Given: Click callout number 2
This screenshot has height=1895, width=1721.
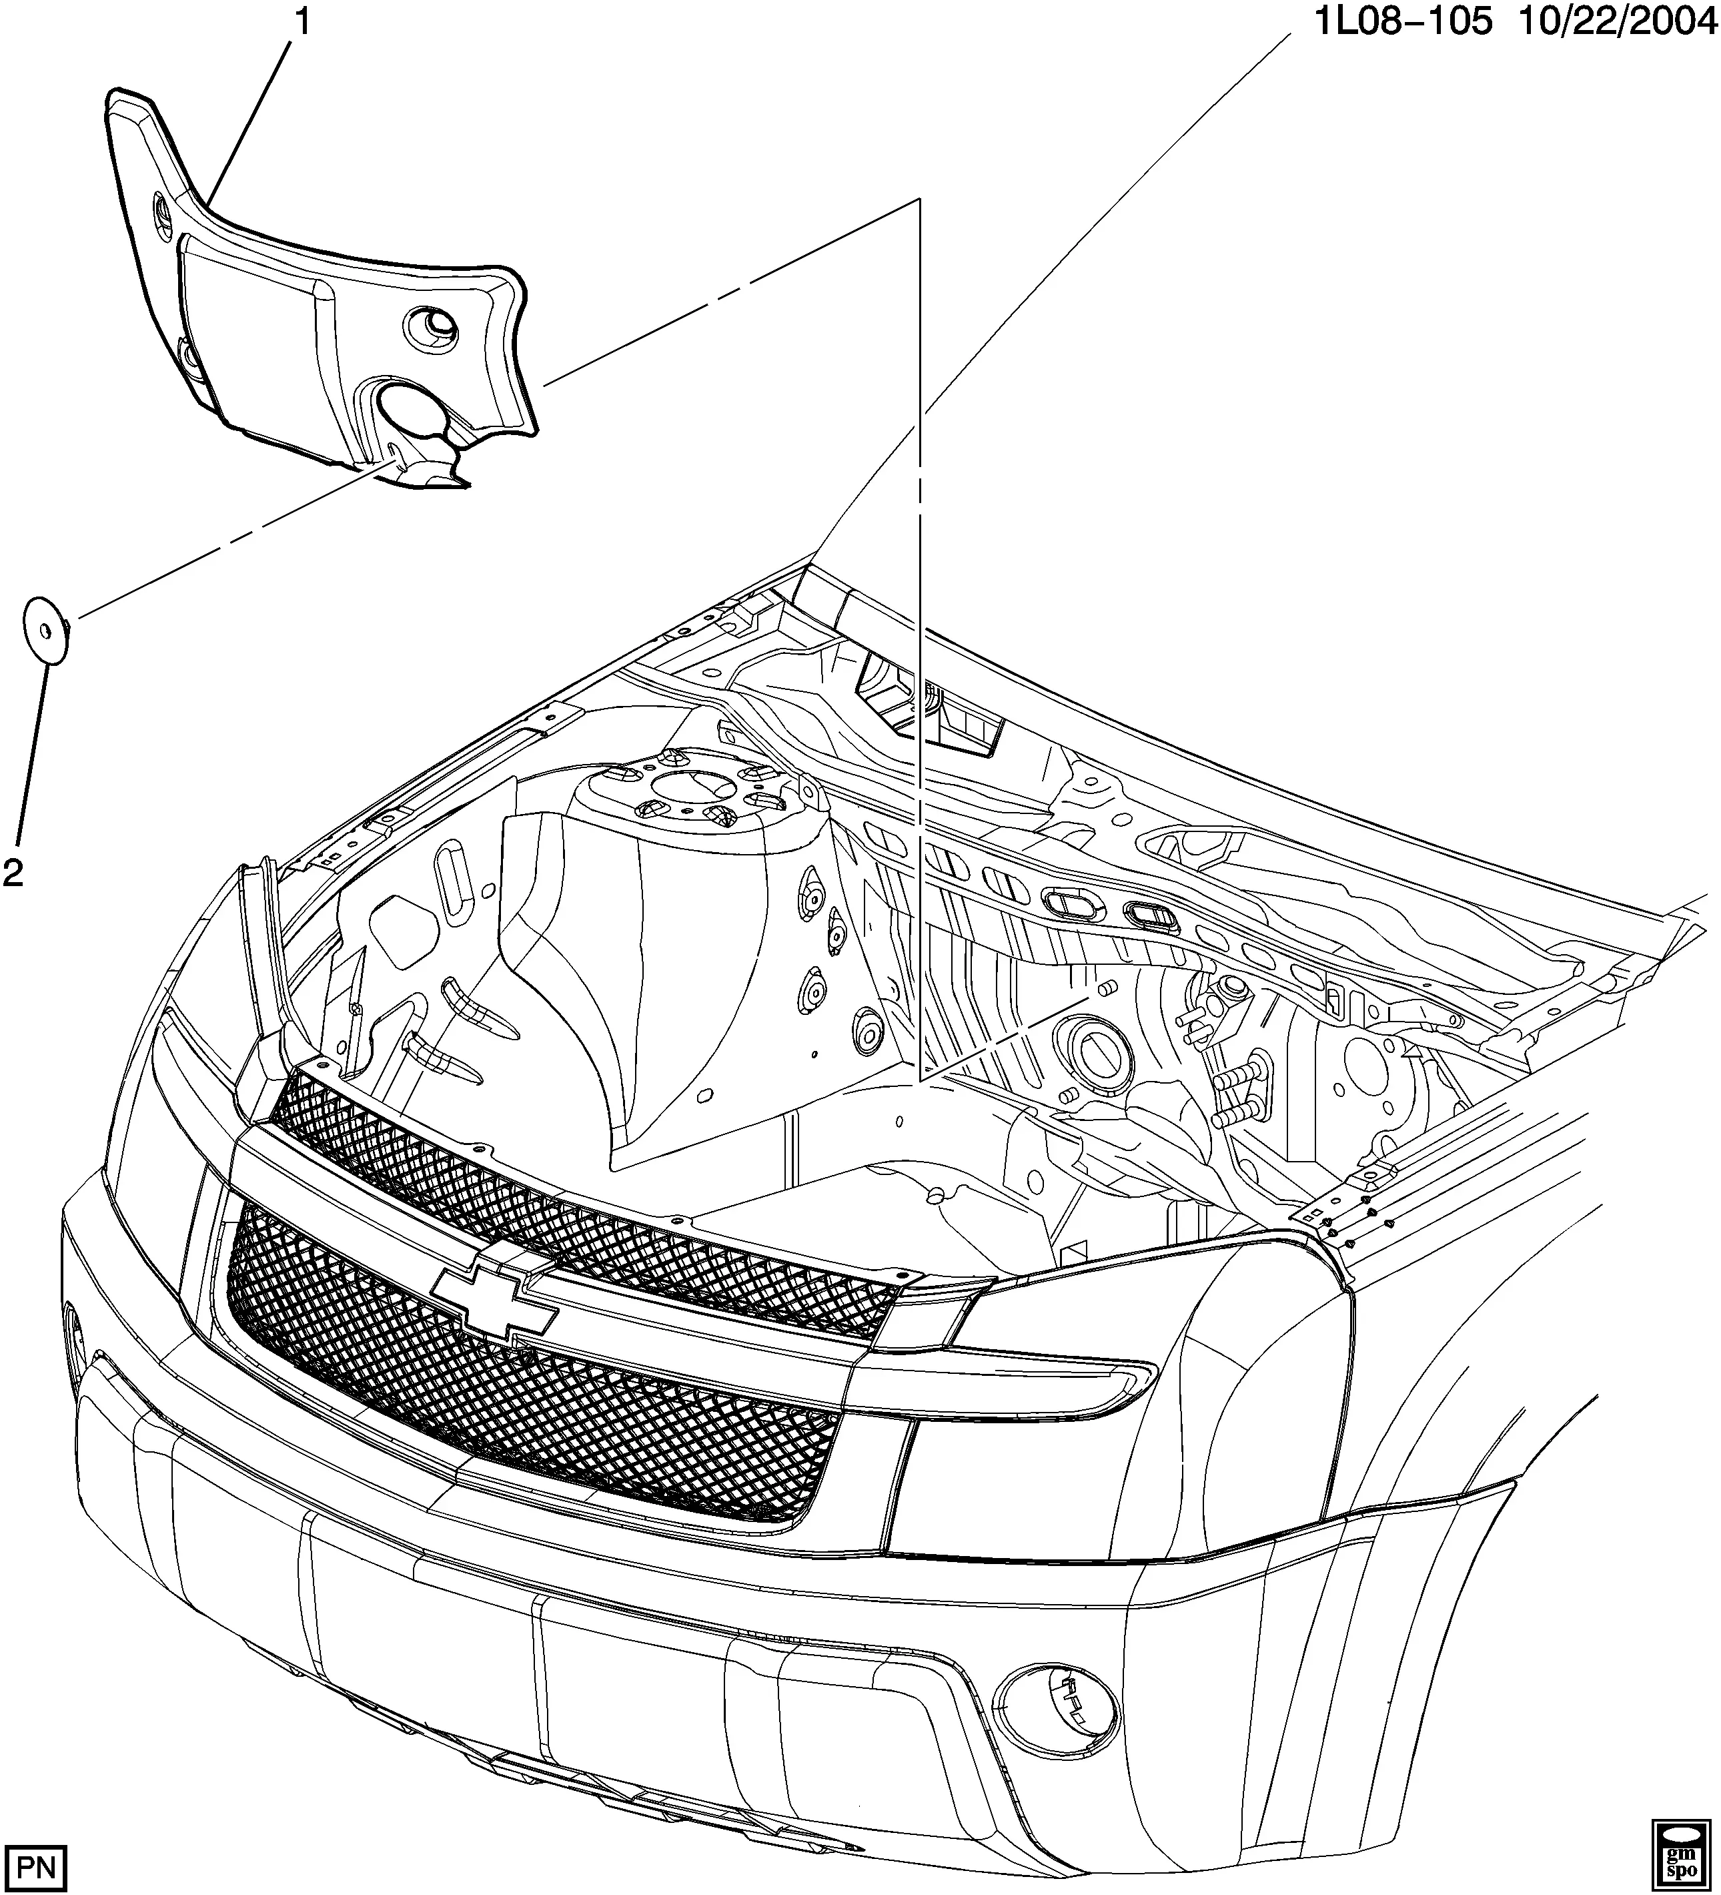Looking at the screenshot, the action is point(13,873).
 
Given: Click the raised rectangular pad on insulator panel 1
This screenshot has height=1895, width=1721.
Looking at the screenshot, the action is point(253,329).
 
